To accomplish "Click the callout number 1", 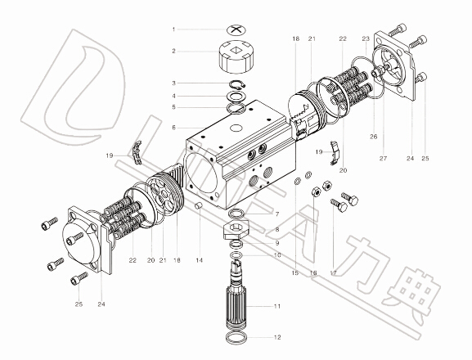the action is point(173,29).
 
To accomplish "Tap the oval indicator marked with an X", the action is point(236,29).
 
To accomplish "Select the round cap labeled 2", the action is point(236,57).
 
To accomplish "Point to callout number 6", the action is point(173,128).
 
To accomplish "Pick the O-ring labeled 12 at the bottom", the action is point(236,338).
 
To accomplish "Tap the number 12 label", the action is point(277,337).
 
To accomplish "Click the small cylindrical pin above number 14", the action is point(199,206).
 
